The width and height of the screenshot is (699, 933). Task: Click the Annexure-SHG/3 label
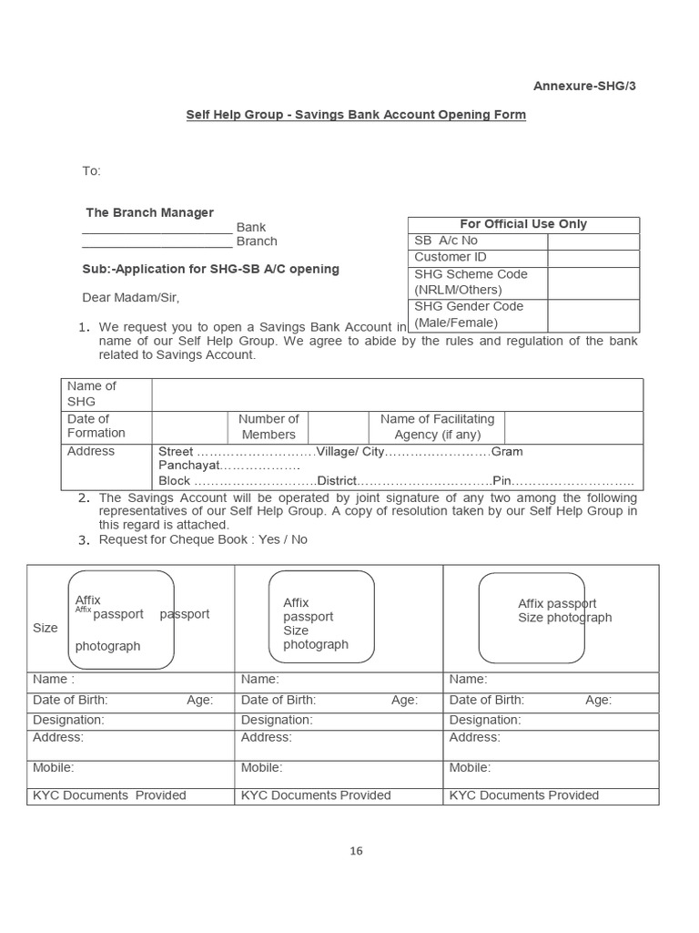[x=590, y=87]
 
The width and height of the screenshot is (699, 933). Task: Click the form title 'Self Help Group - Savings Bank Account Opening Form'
[x=356, y=115]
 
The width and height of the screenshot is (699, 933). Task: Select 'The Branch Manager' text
[x=149, y=212]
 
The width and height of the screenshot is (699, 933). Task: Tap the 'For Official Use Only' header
[x=523, y=224]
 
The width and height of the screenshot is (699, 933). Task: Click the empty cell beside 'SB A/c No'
[x=593, y=241]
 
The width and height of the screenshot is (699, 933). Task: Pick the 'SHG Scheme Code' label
[x=471, y=274]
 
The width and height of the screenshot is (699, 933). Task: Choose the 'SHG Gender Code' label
[x=469, y=306]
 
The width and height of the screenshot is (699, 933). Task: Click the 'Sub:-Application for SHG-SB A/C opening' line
[x=210, y=269]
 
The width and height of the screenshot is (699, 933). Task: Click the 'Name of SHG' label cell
[x=92, y=394]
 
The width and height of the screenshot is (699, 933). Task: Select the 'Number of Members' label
[x=268, y=426]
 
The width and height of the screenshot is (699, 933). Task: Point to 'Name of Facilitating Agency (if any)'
[x=437, y=426]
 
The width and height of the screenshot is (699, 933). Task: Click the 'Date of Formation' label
[x=96, y=425]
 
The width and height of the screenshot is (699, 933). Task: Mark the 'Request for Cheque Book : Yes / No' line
[x=203, y=539]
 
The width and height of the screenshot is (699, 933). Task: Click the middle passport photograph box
[x=320, y=617]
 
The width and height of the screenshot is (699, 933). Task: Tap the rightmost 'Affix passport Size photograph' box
[x=532, y=618]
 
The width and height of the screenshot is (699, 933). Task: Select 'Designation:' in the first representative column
[x=68, y=720]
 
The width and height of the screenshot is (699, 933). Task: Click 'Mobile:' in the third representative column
[x=470, y=768]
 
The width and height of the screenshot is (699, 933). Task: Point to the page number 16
[x=356, y=851]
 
